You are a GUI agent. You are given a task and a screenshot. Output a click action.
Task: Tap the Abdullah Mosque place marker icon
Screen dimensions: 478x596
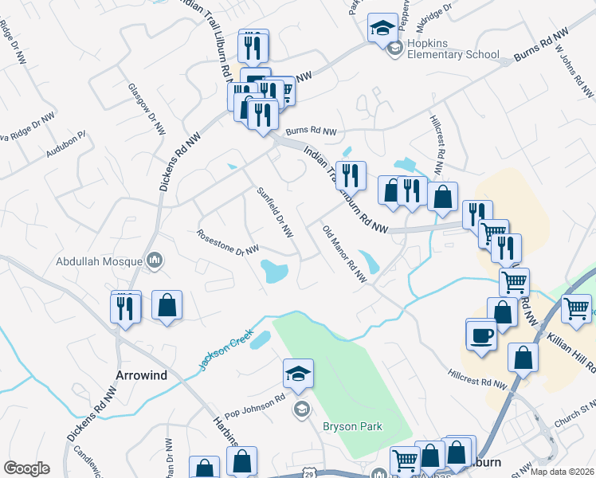click(155, 260)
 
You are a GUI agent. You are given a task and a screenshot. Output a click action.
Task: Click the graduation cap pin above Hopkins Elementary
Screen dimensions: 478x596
click(382, 29)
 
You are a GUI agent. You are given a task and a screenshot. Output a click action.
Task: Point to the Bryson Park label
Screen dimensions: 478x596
click(352, 426)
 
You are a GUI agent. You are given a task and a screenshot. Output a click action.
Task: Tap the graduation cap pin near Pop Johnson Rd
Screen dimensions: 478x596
click(298, 374)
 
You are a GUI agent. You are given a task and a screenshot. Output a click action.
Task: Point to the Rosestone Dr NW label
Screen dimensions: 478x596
click(228, 241)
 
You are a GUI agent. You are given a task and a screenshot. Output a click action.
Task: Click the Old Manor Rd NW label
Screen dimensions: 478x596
click(344, 253)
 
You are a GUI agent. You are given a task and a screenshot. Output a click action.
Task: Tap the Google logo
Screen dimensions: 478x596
click(26, 468)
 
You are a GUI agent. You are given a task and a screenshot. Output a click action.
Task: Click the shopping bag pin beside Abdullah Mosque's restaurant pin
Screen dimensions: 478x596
click(167, 307)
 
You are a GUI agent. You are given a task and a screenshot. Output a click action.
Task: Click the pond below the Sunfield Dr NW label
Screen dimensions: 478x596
click(274, 272)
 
